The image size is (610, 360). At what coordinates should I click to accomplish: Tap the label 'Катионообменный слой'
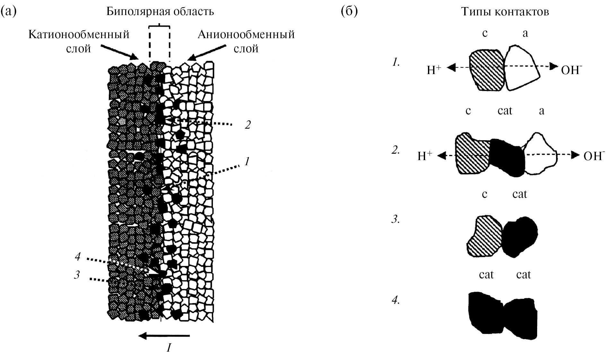pyautogui.click(x=79, y=41)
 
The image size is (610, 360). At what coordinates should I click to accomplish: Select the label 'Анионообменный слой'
pyautogui.click(x=246, y=41)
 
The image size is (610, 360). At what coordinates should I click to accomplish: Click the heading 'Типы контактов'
pyautogui.click(x=505, y=12)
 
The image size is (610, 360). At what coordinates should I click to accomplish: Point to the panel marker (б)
pyautogui.click(x=349, y=12)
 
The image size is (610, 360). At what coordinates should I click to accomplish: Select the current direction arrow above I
pyautogui.click(x=164, y=336)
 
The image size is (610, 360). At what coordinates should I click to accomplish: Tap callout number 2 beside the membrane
pyautogui.click(x=247, y=124)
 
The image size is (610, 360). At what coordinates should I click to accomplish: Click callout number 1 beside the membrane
pyautogui.click(x=247, y=161)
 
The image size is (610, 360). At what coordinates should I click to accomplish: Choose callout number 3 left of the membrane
pyautogui.click(x=76, y=275)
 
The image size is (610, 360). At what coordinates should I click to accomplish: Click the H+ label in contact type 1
pyautogui.click(x=434, y=70)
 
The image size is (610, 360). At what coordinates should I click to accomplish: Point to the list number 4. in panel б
pyautogui.click(x=395, y=301)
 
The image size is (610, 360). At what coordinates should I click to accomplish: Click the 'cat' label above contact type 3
pyautogui.click(x=519, y=194)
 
